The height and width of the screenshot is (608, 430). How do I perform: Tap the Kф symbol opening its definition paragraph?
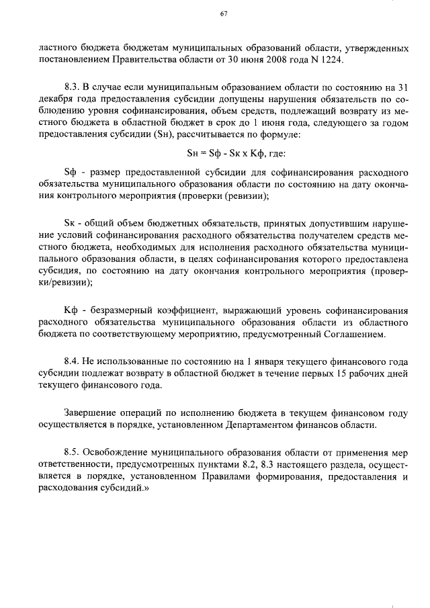point(69,310)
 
